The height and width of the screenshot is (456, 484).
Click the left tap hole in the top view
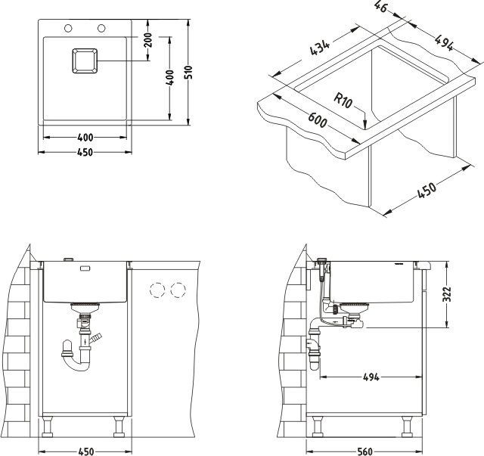68,29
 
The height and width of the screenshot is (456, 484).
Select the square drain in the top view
84,60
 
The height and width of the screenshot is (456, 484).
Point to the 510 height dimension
191,74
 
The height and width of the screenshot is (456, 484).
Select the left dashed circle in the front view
159,290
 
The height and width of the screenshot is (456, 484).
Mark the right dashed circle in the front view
179,290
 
